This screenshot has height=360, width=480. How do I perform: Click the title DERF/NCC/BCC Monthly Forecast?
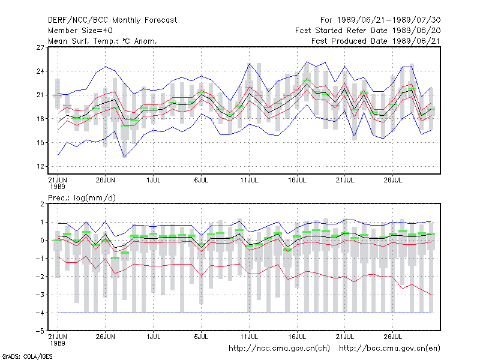click(112, 20)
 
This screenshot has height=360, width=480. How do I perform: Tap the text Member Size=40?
click(80, 31)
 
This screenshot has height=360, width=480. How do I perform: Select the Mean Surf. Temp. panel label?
click(103, 41)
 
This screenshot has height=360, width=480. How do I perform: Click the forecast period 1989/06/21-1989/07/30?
click(380, 20)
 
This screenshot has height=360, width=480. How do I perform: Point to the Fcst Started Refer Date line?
click(368, 31)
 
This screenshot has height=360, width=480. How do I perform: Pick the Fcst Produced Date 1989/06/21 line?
click(376, 41)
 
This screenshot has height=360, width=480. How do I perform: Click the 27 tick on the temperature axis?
click(40, 47)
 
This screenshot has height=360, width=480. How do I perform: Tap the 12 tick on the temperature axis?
click(40, 167)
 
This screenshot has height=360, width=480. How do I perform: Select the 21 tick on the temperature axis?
click(40, 95)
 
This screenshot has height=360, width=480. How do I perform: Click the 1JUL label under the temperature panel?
click(154, 180)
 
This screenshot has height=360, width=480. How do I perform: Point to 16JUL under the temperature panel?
click(297, 180)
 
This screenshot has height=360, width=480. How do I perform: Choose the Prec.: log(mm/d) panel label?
click(82, 198)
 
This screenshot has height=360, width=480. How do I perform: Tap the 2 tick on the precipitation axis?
click(42, 204)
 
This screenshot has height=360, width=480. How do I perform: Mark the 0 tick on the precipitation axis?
click(42, 241)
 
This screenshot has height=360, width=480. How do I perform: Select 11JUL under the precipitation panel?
click(249, 337)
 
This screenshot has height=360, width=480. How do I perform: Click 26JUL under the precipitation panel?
click(393, 337)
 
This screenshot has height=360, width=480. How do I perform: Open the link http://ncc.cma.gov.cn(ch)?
click(279, 349)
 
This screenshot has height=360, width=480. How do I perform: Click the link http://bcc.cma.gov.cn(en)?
click(389, 349)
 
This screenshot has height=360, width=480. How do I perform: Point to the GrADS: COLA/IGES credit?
click(27, 356)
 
